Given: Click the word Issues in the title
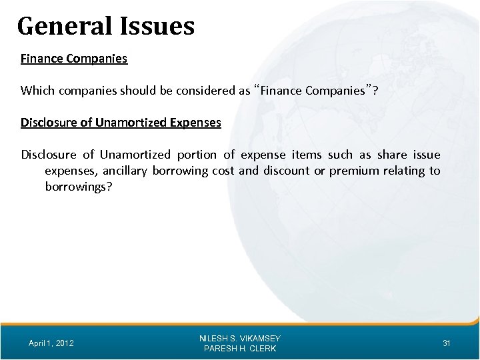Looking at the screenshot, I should pyautogui.click(x=161, y=27).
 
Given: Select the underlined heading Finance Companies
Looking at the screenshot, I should pyautogui.click(x=74, y=59).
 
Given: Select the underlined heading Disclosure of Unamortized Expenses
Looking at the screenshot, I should pyautogui.click(x=121, y=123).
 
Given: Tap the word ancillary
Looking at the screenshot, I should pyautogui.click(x=125, y=171).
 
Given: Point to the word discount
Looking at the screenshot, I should pyautogui.click(x=285, y=171).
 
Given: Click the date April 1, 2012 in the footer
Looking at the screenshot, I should pyautogui.click(x=52, y=343).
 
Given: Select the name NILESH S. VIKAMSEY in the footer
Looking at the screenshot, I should pyautogui.click(x=239, y=338).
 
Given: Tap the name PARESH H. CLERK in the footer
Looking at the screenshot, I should pyautogui.click(x=239, y=349).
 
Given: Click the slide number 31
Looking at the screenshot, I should pyautogui.click(x=447, y=343).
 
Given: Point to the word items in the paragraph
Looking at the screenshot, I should pyautogui.click(x=306, y=155).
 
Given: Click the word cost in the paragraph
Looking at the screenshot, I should pyautogui.click(x=223, y=171).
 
